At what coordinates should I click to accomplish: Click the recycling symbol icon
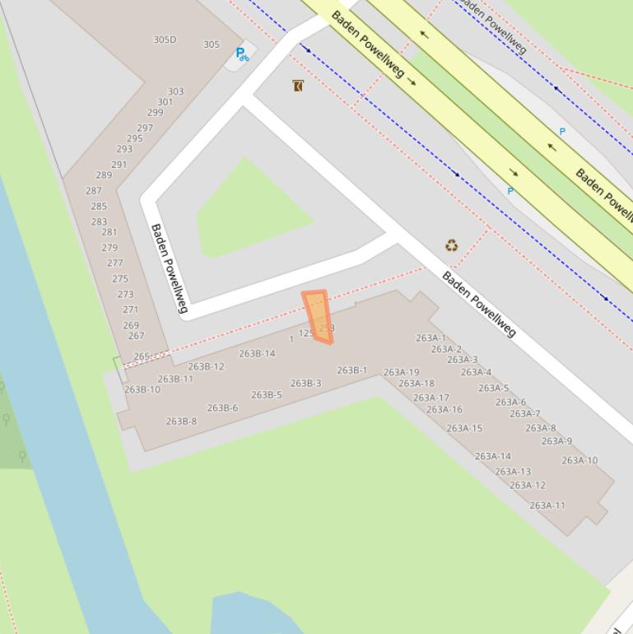pos(452,245)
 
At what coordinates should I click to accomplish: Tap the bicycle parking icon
pos(241,54)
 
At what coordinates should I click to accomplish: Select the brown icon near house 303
pos(298,86)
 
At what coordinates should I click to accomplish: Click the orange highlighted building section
pos(317,316)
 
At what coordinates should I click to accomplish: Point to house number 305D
pos(165,40)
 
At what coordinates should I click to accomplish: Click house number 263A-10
pos(579,460)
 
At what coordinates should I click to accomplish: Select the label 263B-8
pos(181,421)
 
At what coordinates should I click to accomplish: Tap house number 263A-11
pos(547,506)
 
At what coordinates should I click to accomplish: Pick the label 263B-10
pos(142,389)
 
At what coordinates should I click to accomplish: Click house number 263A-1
pos(431,338)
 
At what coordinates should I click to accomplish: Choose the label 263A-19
pos(401,372)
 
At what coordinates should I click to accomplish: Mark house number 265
pos(142,357)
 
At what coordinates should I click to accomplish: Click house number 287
pos(94,190)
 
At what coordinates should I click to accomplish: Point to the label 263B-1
pos(351,371)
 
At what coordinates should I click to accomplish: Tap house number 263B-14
pos(257,353)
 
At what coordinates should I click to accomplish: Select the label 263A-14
pos(492,456)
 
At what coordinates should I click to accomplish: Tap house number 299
pos(155,113)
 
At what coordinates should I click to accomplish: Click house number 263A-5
pos(493,388)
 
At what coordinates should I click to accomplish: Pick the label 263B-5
pos(266,394)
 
